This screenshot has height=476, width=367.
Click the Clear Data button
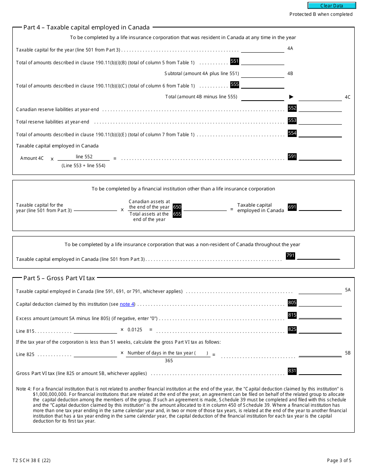331,5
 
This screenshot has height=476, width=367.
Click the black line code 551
234,61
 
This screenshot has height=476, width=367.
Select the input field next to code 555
263,85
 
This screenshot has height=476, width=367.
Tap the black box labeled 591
292,157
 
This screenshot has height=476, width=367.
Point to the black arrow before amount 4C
291,97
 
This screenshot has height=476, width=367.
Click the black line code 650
177,207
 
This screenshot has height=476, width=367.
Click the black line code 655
177,214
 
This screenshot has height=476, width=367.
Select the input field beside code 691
320,207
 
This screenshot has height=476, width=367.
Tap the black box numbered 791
290,256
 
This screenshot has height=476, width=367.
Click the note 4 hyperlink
127,304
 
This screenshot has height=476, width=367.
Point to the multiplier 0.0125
135,330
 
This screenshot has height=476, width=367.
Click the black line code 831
292,371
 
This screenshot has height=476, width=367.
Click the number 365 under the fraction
169,361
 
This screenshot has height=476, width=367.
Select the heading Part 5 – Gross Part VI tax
59,278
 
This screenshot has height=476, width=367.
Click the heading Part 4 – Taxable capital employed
87,27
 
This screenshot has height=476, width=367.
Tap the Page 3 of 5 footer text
339,461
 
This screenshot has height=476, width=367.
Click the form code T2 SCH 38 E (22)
31,461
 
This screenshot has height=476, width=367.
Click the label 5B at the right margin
348,353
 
